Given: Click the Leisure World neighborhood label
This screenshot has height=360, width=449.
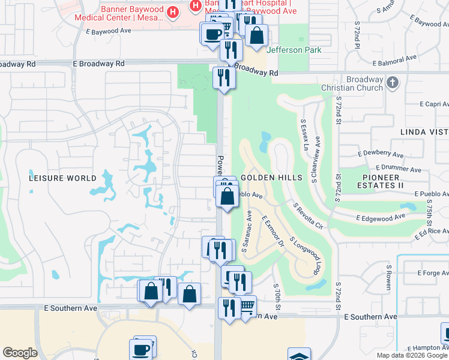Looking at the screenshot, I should pyautogui.click(x=63, y=178).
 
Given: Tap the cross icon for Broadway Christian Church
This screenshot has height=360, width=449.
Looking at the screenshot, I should pyautogui.click(x=393, y=82).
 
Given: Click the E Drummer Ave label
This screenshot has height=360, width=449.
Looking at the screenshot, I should pyautogui.click(x=397, y=167).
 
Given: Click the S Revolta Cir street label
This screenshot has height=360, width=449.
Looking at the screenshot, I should pyautogui.click(x=308, y=216).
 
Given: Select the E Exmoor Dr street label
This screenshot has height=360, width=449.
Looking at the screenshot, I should pyautogui.click(x=272, y=233).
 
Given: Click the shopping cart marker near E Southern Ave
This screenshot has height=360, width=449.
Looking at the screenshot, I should pyautogui.click(x=247, y=307).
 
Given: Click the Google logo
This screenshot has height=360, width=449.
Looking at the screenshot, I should pyautogui.click(x=20, y=353).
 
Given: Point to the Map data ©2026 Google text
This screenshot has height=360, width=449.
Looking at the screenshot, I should pyautogui.click(x=411, y=355).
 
